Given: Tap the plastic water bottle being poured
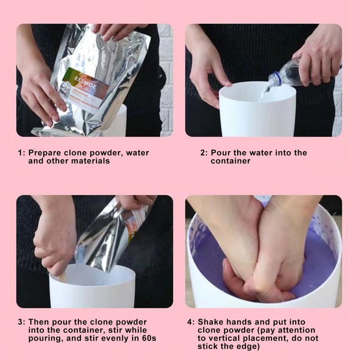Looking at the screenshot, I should tap(288, 73).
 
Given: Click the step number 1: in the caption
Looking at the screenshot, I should tap(22, 153).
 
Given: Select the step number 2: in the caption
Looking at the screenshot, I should tap(204, 153).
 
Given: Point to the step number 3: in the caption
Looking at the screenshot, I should tap(22, 322).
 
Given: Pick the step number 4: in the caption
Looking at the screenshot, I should tap(191, 322).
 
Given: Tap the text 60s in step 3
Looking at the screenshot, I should tap(148, 338).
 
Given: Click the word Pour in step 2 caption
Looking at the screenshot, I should tap(220, 153).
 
